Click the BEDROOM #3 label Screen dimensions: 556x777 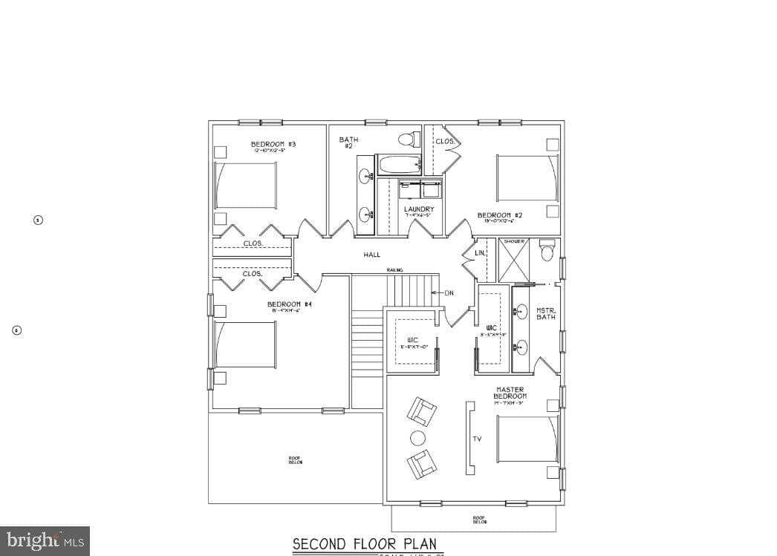(273, 144)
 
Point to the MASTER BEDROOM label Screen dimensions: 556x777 (510, 393)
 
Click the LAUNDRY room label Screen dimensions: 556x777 (419, 209)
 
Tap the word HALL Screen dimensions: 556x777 (371, 255)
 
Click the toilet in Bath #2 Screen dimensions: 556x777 (406, 139)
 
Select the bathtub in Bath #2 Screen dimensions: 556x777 (398, 164)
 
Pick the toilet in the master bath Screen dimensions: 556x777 (547, 251)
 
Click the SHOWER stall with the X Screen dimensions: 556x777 (514, 262)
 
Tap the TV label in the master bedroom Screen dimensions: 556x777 (477, 439)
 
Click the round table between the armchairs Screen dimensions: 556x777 (418, 438)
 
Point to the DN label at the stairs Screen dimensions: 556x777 (449, 293)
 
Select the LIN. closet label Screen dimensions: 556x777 (481, 254)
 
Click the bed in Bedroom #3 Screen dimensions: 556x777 (246, 185)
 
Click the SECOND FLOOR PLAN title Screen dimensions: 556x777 (364, 544)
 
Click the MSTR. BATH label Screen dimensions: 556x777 (546, 314)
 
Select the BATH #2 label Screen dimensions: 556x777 (348, 142)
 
